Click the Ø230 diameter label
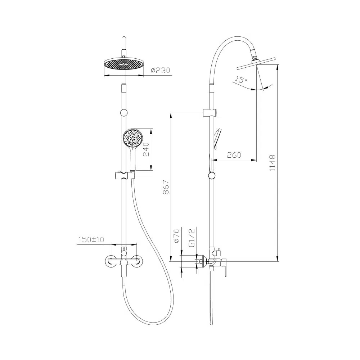161,70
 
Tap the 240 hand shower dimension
146,149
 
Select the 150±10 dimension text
91,240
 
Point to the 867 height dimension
166,187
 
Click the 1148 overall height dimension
272,163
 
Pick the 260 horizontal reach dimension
234,155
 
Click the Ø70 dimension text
176,236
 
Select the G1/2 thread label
192,237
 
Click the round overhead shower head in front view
124,64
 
